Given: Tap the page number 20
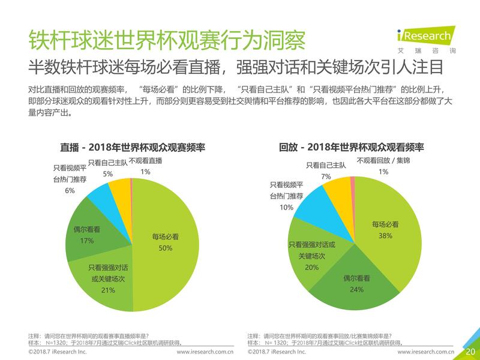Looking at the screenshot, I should point(470,351).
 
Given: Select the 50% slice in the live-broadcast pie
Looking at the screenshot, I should point(165,240).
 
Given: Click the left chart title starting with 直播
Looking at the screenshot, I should point(133,147).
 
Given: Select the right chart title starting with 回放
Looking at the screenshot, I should point(352,147).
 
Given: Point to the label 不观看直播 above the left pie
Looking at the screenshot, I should point(146,161).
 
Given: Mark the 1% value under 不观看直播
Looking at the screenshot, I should point(145,172).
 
